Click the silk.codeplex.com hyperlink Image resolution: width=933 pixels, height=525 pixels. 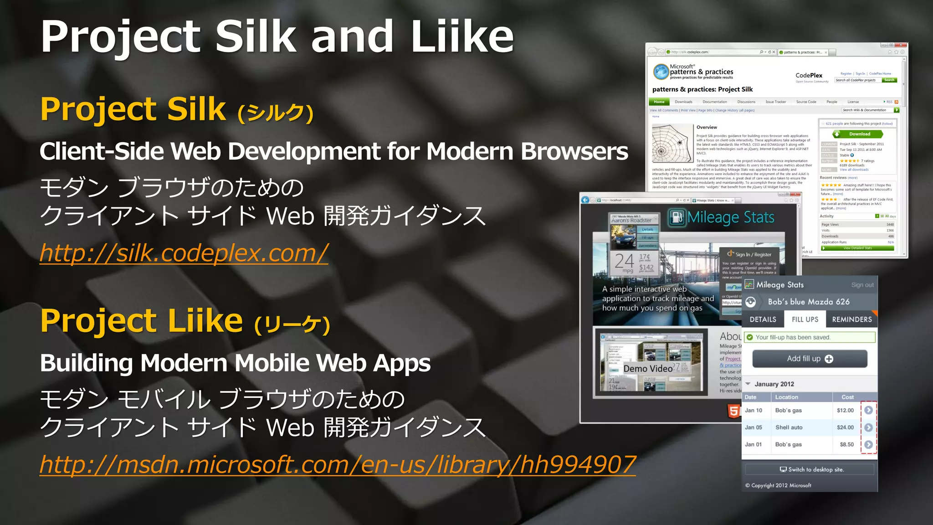click(x=184, y=253)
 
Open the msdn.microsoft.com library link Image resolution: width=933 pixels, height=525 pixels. click(x=337, y=465)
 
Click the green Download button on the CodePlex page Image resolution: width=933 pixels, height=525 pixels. click(x=858, y=134)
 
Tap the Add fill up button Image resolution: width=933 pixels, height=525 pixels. click(x=810, y=359)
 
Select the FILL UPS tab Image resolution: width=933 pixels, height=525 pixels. click(x=805, y=319)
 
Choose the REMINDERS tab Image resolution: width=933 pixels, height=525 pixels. click(x=851, y=319)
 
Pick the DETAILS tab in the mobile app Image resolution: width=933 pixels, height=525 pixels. click(x=763, y=319)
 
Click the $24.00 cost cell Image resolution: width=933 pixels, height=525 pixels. click(x=845, y=427)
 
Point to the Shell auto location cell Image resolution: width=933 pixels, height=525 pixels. click(x=789, y=427)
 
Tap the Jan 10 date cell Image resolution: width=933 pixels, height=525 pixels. click(x=754, y=411)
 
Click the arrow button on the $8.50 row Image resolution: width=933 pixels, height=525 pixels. click(x=869, y=444)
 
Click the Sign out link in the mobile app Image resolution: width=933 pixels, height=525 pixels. click(x=862, y=285)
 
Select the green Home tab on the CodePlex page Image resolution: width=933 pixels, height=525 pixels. click(x=659, y=102)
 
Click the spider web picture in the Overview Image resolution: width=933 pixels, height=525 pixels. click(x=672, y=143)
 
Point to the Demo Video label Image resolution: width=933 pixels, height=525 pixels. click(x=648, y=368)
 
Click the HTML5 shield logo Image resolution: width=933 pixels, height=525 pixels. click(x=733, y=411)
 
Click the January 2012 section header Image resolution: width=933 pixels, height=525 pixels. click(x=774, y=384)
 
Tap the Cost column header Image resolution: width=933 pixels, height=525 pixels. click(x=847, y=397)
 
